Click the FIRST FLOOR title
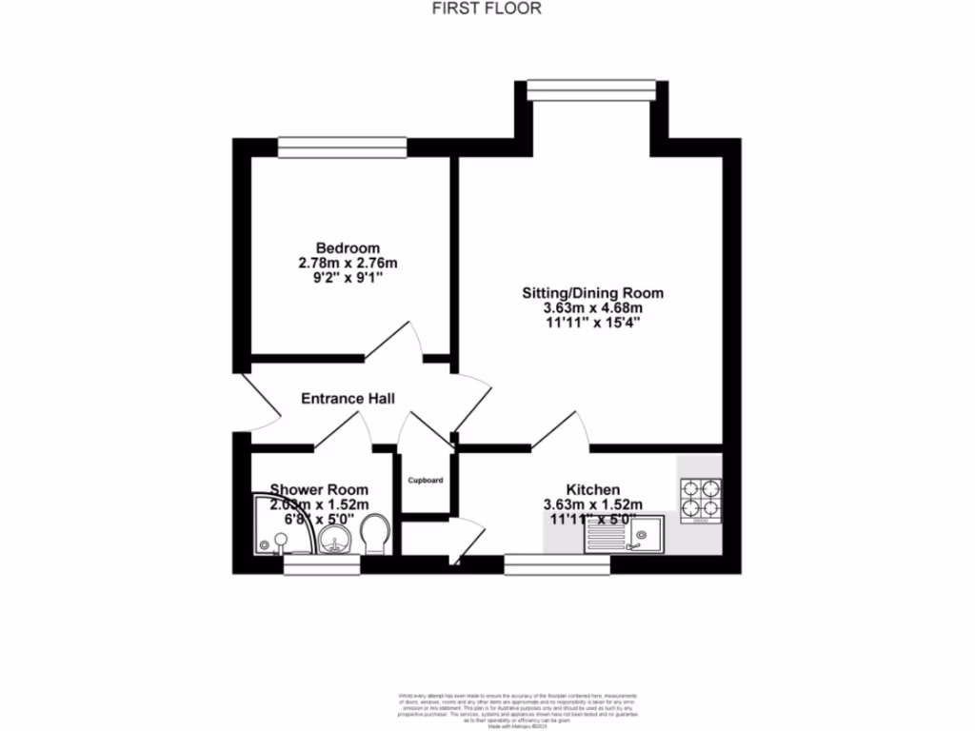[487, 10]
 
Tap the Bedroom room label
[348, 248]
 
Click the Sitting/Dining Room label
[592, 293]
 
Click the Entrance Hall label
[348, 399]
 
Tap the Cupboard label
[426, 481]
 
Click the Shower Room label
[318, 489]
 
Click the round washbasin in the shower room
[334, 542]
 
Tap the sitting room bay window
[591, 89]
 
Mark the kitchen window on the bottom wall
[557, 565]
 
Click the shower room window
[322, 565]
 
